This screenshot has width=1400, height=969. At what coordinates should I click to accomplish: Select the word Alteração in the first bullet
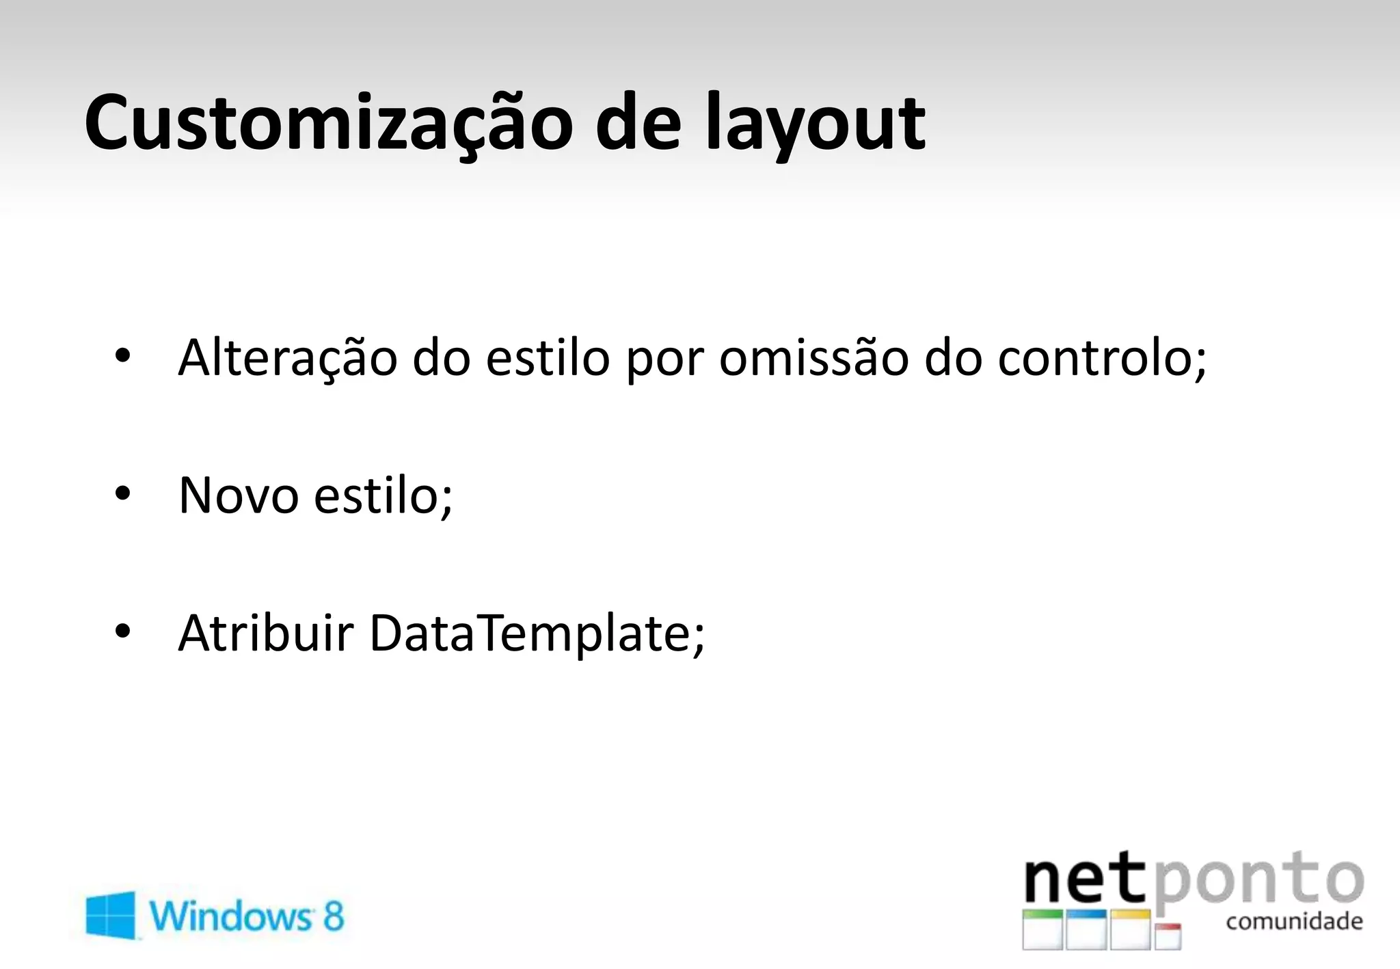coord(287,358)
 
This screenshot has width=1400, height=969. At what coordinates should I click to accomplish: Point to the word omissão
coord(813,358)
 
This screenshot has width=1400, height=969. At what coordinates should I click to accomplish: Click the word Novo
coord(238,495)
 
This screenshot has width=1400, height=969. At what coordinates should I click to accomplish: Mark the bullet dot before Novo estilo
coord(122,493)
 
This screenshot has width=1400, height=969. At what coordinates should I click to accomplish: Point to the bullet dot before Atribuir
coord(122,630)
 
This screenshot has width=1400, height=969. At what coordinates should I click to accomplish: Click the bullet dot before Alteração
coord(122,356)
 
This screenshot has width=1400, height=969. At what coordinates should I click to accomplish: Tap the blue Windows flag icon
coord(111,914)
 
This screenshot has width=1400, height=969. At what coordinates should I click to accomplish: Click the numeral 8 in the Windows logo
coord(333,916)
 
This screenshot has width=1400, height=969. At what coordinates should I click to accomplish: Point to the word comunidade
coord(1294,922)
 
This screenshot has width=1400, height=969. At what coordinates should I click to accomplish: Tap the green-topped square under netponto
coord(1042,929)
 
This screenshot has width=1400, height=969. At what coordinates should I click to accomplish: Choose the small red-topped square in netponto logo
coord(1168,936)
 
